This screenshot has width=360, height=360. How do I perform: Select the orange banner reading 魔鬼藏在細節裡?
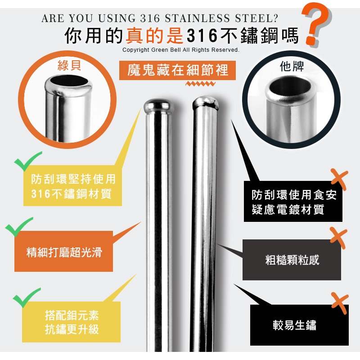point(178,70)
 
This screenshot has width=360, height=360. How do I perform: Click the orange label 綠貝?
point(69,66)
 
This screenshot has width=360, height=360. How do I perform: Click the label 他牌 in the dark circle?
point(292,67)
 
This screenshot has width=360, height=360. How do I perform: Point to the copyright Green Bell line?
point(180,50)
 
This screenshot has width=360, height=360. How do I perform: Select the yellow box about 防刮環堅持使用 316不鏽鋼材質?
point(73,187)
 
